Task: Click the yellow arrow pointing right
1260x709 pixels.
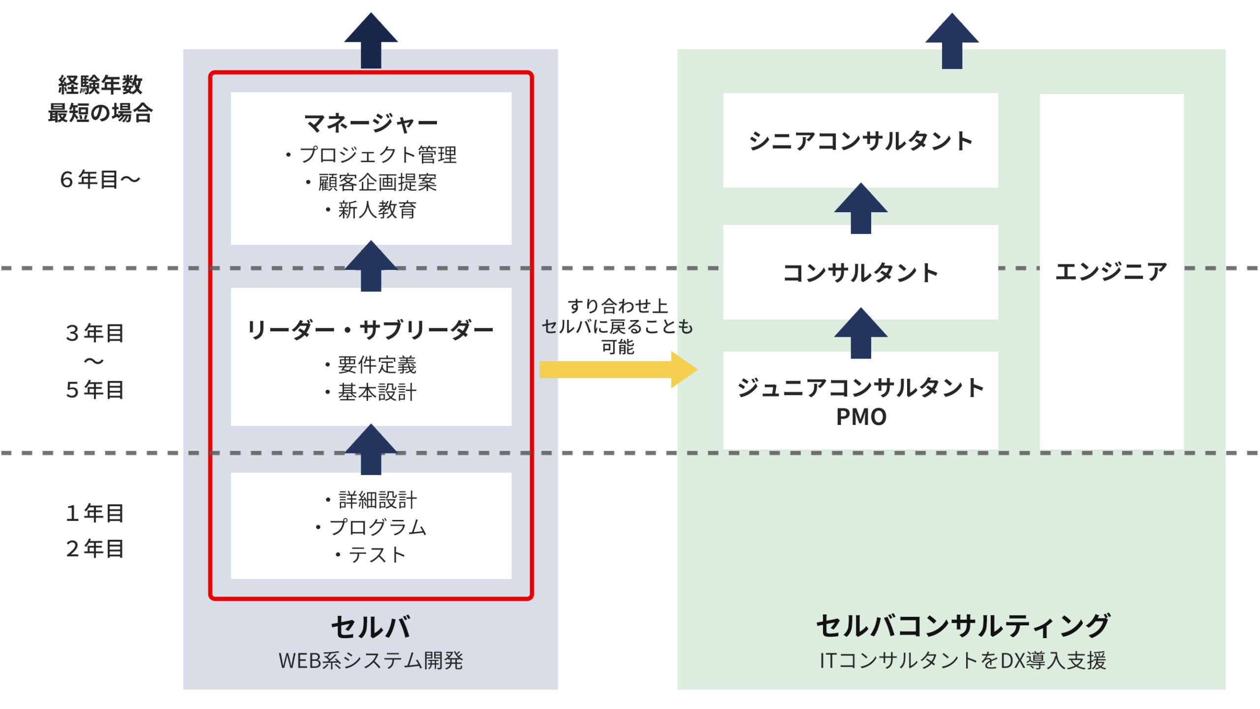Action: (x=618, y=369)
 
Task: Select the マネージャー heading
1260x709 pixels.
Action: (x=371, y=123)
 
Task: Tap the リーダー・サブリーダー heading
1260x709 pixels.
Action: (x=371, y=330)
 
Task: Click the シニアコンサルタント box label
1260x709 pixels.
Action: (x=861, y=141)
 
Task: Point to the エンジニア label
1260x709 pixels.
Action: (x=1111, y=271)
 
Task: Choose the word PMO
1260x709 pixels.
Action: (x=861, y=417)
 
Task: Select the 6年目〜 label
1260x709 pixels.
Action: (x=100, y=180)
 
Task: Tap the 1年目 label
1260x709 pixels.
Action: (x=95, y=513)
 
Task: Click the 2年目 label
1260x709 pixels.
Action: (x=95, y=548)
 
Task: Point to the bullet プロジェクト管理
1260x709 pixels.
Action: (x=371, y=155)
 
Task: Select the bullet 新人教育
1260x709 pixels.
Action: (x=371, y=210)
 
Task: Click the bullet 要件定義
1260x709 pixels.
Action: (x=371, y=365)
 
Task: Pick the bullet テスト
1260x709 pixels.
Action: (x=371, y=555)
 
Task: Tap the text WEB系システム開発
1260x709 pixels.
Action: (x=371, y=660)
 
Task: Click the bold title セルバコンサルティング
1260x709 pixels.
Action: (x=963, y=626)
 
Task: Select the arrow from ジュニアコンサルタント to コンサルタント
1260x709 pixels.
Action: (x=861, y=333)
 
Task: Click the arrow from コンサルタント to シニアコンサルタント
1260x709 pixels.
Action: (x=861, y=208)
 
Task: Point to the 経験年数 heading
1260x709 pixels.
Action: (x=100, y=85)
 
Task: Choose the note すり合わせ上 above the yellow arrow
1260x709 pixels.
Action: (x=618, y=306)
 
